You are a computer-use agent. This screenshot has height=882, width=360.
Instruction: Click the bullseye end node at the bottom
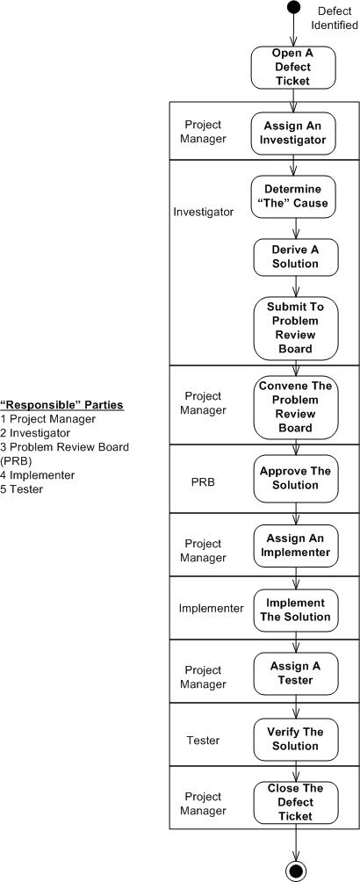[x=296, y=871]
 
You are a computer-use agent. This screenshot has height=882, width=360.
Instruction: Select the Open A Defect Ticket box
[x=294, y=68]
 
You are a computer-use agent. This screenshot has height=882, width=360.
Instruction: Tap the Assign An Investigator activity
[x=294, y=132]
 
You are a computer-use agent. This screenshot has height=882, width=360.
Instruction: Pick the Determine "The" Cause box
[x=294, y=197]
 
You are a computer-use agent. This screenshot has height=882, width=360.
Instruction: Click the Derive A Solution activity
[x=294, y=257]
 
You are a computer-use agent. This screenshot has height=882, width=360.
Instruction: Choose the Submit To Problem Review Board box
[x=294, y=327]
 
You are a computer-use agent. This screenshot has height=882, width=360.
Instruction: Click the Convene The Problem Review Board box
[x=294, y=407]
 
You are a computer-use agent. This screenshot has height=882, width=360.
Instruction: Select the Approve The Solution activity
[x=295, y=478]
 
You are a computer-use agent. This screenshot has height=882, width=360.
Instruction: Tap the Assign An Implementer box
[x=295, y=546]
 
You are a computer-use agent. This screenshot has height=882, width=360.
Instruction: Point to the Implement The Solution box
[x=295, y=610]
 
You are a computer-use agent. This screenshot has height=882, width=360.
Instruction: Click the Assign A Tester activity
[x=295, y=673]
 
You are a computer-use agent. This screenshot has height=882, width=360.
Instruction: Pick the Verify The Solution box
[x=295, y=739]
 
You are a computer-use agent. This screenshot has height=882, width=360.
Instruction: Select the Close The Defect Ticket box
[x=295, y=802]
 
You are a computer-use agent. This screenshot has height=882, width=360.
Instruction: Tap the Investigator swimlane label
[x=204, y=212]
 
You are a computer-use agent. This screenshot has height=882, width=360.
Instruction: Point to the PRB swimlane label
[x=204, y=482]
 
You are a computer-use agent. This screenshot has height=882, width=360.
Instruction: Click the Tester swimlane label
[x=203, y=741]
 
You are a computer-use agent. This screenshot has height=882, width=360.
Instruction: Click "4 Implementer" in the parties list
[x=38, y=475]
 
